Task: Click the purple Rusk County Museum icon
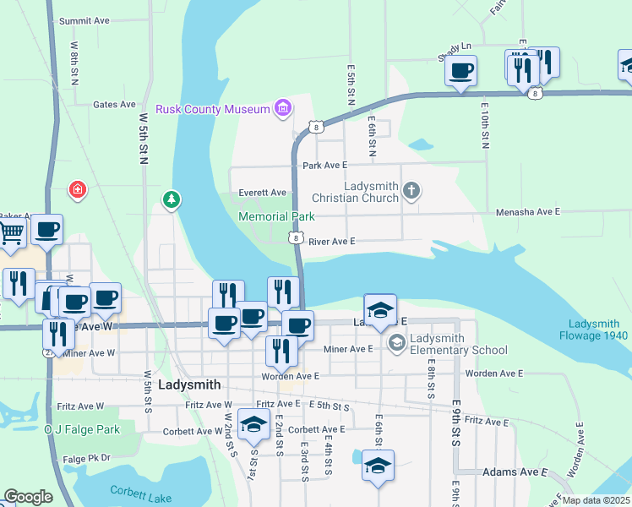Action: coord(283,109)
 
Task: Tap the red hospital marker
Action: coord(78,189)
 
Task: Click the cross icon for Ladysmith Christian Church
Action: coord(411,190)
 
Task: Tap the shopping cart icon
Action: coord(11,232)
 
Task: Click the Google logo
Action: coord(28,497)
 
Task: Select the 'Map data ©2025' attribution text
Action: coord(596,500)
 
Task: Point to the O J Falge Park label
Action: coord(82,429)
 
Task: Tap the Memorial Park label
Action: coord(276,217)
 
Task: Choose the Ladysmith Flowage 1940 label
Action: coord(594,330)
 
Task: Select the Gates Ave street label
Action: coord(114,105)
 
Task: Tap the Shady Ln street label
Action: coord(454,48)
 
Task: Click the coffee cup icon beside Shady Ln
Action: coord(460,71)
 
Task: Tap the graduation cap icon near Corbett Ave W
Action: coord(253,425)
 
